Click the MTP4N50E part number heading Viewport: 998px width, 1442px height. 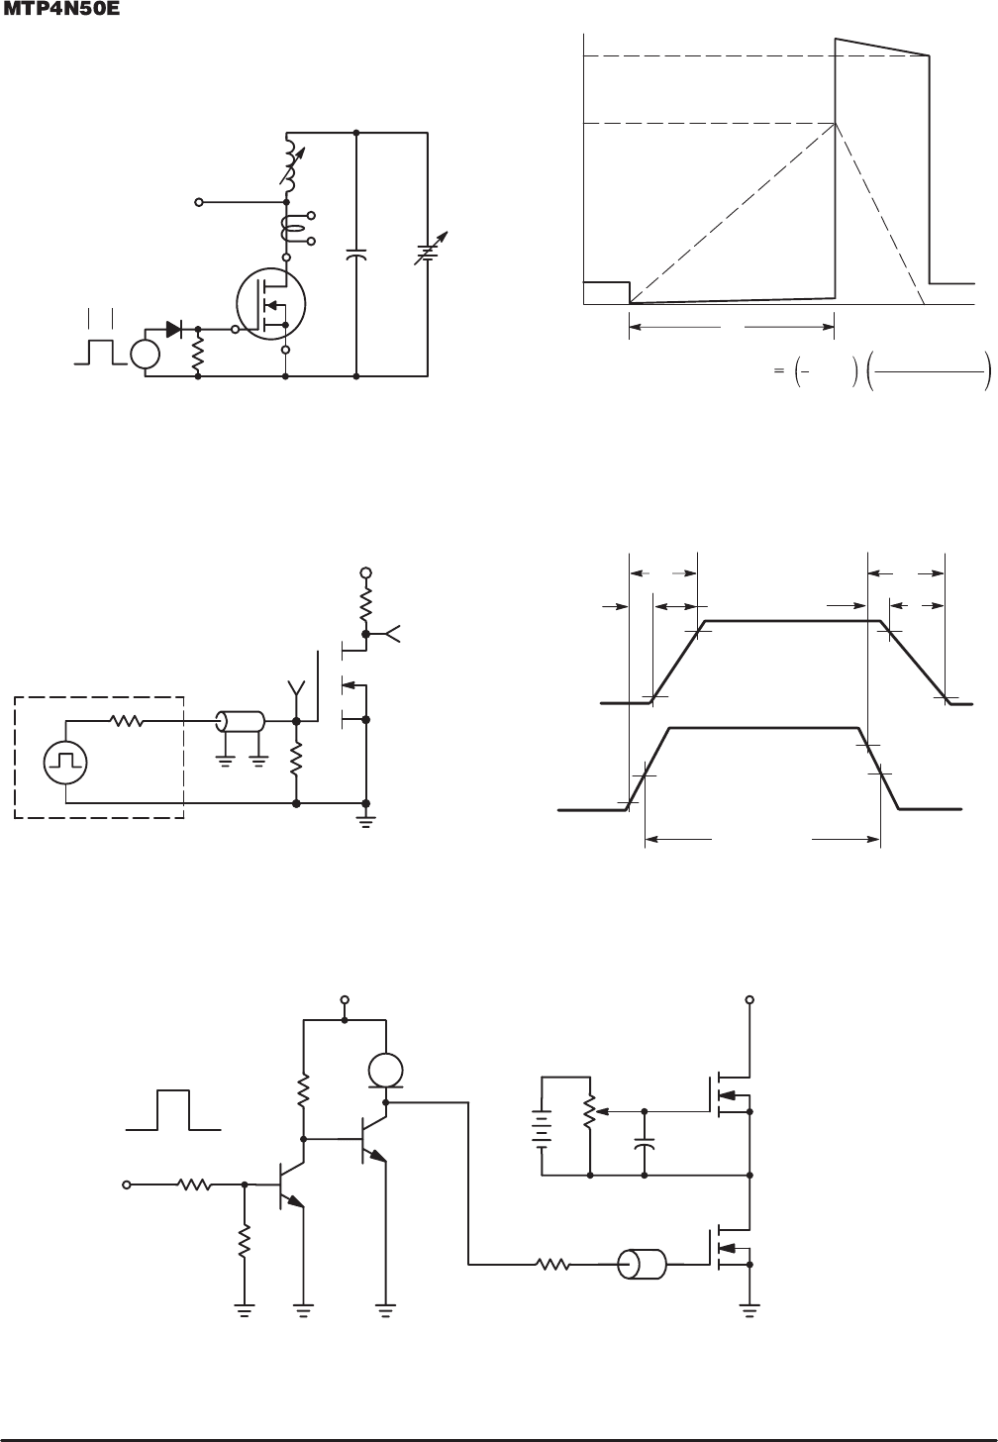(61, 10)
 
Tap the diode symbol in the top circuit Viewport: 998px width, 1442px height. (173, 329)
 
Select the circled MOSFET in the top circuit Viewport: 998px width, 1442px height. (270, 303)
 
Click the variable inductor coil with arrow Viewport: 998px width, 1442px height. (291, 163)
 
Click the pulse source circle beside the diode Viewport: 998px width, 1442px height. (146, 354)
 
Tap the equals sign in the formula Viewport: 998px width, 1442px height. (779, 370)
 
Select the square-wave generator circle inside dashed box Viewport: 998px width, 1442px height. (65, 763)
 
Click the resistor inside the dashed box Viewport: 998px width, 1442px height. (127, 721)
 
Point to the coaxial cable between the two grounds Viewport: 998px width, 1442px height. (240, 722)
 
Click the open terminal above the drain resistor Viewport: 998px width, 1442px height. (365, 572)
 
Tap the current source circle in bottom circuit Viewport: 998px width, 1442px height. (385, 1072)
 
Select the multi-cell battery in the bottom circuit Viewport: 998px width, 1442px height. (542, 1135)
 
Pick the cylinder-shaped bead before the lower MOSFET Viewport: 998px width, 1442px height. (642, 1265)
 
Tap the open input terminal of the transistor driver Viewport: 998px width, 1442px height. (127, 1184)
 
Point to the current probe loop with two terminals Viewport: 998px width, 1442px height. (294, 228)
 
